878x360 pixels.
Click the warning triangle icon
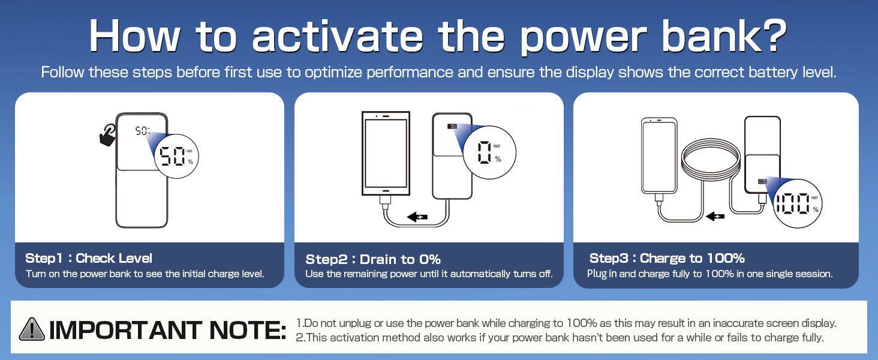pyautogui.click(x=32, y=329)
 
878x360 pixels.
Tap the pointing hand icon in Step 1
pyautogui.click(x=107, y=135)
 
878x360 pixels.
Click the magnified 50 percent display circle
pyautogui.click(x=176, y=156)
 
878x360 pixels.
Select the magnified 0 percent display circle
pyautogui.click(x=489, y=152)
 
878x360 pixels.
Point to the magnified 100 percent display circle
pyautogui.click(x=797, y=204)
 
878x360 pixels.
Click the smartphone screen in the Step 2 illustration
pyautogui.click(x=386, y=154)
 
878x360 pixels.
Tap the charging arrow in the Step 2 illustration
pyautogui.click(x=417, y=217)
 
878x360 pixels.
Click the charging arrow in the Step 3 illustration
pyautogui.click(x=715, y=216)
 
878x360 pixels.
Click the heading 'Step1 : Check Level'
pyautogui.click(x=89, y=258)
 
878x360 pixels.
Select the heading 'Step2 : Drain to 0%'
pyautogui.click(x=373, y=259)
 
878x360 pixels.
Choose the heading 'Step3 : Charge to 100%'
pyautogui.click(x=667, y=258)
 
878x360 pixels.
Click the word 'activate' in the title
pyautogui.click(x=338, y=36)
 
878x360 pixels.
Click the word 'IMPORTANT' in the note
pyautogui.click(x=125, y=330)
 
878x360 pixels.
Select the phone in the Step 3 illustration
pyautogui.click(x=659, y=155)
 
